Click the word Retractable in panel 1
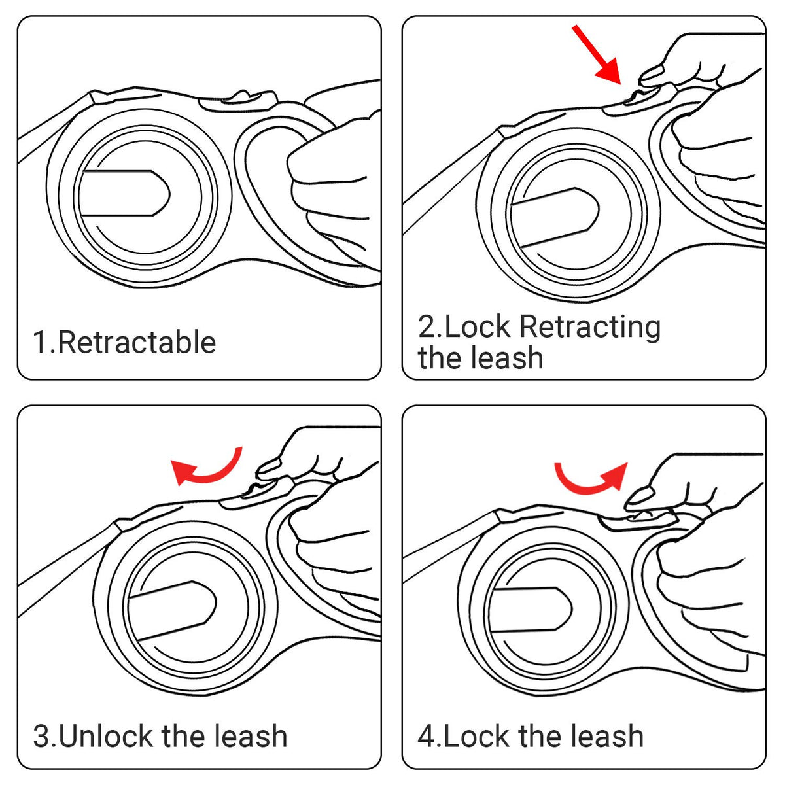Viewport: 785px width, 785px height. pyautogui.click(x=137, y=343)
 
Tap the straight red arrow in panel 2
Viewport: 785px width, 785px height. pyautogui.click(x=597, y=55)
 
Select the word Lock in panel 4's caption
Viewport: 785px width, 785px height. pyautogui.click(x=477, y=736)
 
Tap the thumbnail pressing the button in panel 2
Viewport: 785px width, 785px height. pyautogui.click(x=652, y=73)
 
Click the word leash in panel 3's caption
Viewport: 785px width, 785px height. pyautogui.click(x=251, y=736)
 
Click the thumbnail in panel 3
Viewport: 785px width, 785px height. pyautogui.click(x=269, y=467)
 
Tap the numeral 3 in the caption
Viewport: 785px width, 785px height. pyautogui.click(x=42, y=737)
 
